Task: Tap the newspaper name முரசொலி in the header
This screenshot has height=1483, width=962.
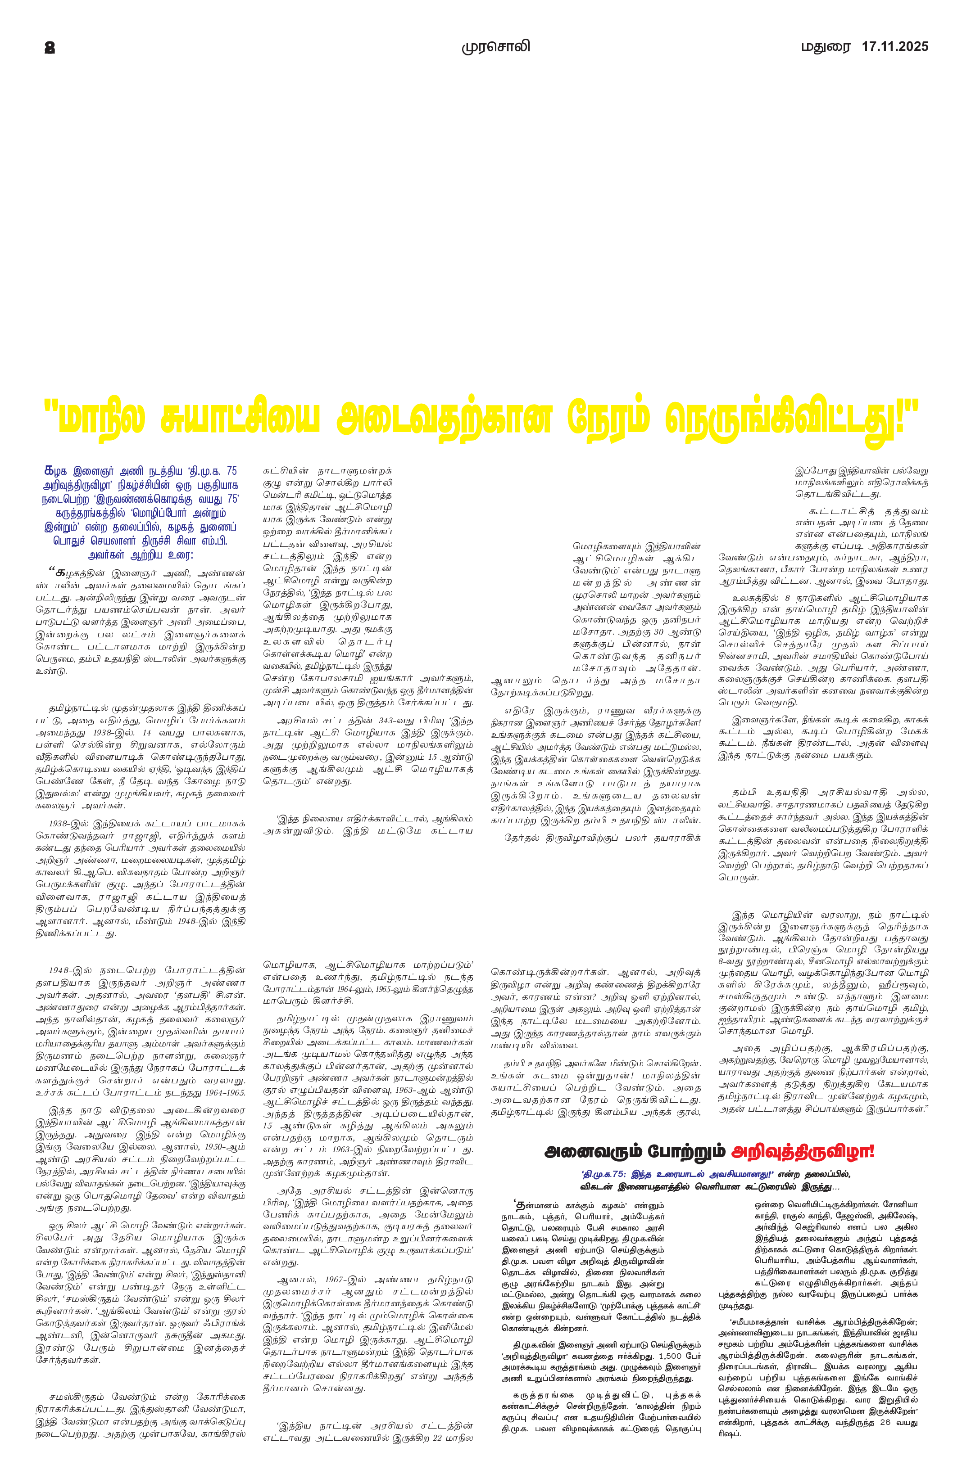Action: (x=496, y=47)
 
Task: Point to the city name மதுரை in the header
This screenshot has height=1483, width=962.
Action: (x=826, y=47)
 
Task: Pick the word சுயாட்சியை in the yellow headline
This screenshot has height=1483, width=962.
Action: (x=240, y=419)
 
